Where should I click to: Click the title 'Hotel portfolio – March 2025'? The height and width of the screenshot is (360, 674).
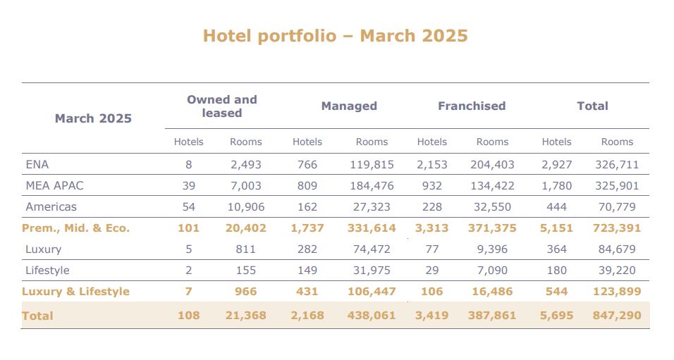[336, 36]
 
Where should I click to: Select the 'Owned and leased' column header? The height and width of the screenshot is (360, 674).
[221, 106]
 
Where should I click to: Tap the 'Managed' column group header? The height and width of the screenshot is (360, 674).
[349, 106]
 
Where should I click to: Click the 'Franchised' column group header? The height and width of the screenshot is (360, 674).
[472, 106]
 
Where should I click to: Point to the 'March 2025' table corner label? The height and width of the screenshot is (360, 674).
[93, 118]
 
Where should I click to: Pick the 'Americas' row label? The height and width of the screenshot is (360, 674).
[51, 207]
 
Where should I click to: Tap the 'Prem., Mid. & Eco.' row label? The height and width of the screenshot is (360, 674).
[75, 228]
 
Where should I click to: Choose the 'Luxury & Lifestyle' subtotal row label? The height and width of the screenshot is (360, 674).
[75, 292]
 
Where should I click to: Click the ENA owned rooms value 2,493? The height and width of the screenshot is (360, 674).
[245, 165]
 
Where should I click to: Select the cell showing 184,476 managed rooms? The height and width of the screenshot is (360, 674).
[372, 186]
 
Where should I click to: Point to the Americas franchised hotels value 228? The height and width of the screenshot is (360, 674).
[432, 207]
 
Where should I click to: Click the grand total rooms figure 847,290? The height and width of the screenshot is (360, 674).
[617, 316]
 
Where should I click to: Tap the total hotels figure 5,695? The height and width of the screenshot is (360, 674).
[556, 316]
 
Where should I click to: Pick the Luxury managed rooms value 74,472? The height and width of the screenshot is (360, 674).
[372, 249]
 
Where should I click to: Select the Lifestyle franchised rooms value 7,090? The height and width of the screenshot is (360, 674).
[492, 271]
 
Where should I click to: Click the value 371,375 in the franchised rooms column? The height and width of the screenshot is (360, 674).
[492, 228]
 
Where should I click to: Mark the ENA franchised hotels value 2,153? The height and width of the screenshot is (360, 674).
[432, 165]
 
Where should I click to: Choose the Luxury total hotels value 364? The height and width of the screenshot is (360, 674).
[556, 249]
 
